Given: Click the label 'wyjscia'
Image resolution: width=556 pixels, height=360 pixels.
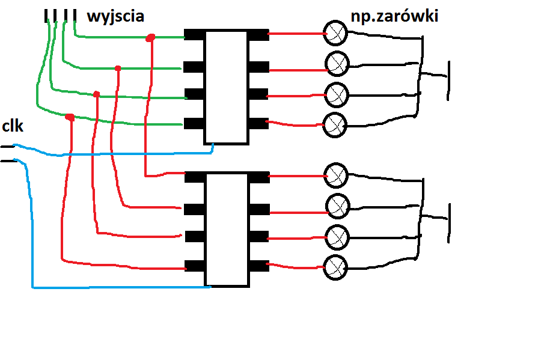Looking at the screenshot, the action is pyautogui.click(x=115, y=17).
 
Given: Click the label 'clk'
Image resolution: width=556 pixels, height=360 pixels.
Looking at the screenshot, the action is pyautogui.click(x=13, y=126).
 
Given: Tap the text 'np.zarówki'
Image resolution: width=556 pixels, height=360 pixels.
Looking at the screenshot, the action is pyautogui.click(x=394, y=16).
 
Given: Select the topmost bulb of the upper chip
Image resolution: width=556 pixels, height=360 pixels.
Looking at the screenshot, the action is pyautogui.click(x=335, y=33).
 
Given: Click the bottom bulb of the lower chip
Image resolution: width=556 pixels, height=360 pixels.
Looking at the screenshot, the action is pyautogui.click(x=335, y=267).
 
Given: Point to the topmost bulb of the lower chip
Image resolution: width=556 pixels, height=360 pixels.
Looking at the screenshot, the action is pyautogui.click(x=336, y=175).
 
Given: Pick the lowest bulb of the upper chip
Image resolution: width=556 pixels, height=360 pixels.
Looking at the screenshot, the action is pyautogui.click(x=335, y=125).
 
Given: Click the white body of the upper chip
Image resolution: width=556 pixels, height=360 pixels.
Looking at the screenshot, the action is pyautogui.click(x=226, y=87).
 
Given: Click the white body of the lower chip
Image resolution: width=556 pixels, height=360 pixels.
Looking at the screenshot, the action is pyautogui.click(x=227, y=230).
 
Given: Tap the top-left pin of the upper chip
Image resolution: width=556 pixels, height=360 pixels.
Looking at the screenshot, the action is pyautogui.click(x=194, y=35).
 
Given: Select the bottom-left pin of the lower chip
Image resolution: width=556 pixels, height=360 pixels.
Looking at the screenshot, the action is pyautogui.click(x=195, y=266).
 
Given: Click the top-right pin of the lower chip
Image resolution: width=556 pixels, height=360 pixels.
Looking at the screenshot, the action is pyautogui.click(x=258, y=177).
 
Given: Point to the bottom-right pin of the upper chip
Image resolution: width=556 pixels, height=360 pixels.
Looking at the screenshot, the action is pyautogui.click(x=258, y=123).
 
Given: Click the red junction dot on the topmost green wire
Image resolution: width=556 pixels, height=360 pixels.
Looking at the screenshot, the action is pyautogui.click(x=150, y=38).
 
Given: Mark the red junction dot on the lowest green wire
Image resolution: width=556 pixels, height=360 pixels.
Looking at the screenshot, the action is pyautogui.click(x=70, y=117).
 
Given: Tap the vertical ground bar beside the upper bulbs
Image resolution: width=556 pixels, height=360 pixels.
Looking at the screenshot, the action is pyautogui.click(x=448, y=81).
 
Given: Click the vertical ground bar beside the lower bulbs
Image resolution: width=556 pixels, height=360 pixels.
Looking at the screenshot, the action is pyautogui.click(x=449, y=223).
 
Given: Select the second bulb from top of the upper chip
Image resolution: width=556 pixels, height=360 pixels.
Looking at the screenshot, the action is pyautogui.click(x=337, y=64).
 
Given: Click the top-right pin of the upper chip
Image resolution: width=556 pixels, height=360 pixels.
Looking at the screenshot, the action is pyautogui.click(x=258, y=35).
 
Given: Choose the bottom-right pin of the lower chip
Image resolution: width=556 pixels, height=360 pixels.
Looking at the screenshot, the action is pyautogui.click(x=258, y=266).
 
